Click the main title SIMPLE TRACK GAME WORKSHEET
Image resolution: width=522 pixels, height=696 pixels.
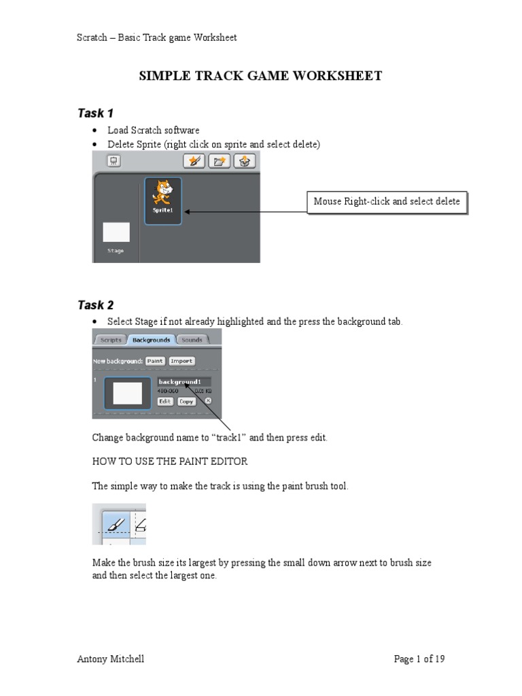260,76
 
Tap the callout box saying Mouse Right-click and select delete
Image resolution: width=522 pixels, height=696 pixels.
387,202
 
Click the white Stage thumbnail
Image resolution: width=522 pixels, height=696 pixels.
116,232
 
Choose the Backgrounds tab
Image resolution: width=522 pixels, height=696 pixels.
151,339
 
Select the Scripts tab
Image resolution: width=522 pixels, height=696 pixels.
111,339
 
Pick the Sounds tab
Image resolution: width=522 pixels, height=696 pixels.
192,339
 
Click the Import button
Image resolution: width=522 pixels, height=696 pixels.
181,361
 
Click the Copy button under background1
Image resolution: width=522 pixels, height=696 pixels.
186,402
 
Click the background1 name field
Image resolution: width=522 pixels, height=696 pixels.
184,382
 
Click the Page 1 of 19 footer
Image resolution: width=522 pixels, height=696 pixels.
419,659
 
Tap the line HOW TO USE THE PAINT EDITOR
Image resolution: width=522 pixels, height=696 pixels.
170,462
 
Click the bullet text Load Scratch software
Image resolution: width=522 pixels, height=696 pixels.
154,130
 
